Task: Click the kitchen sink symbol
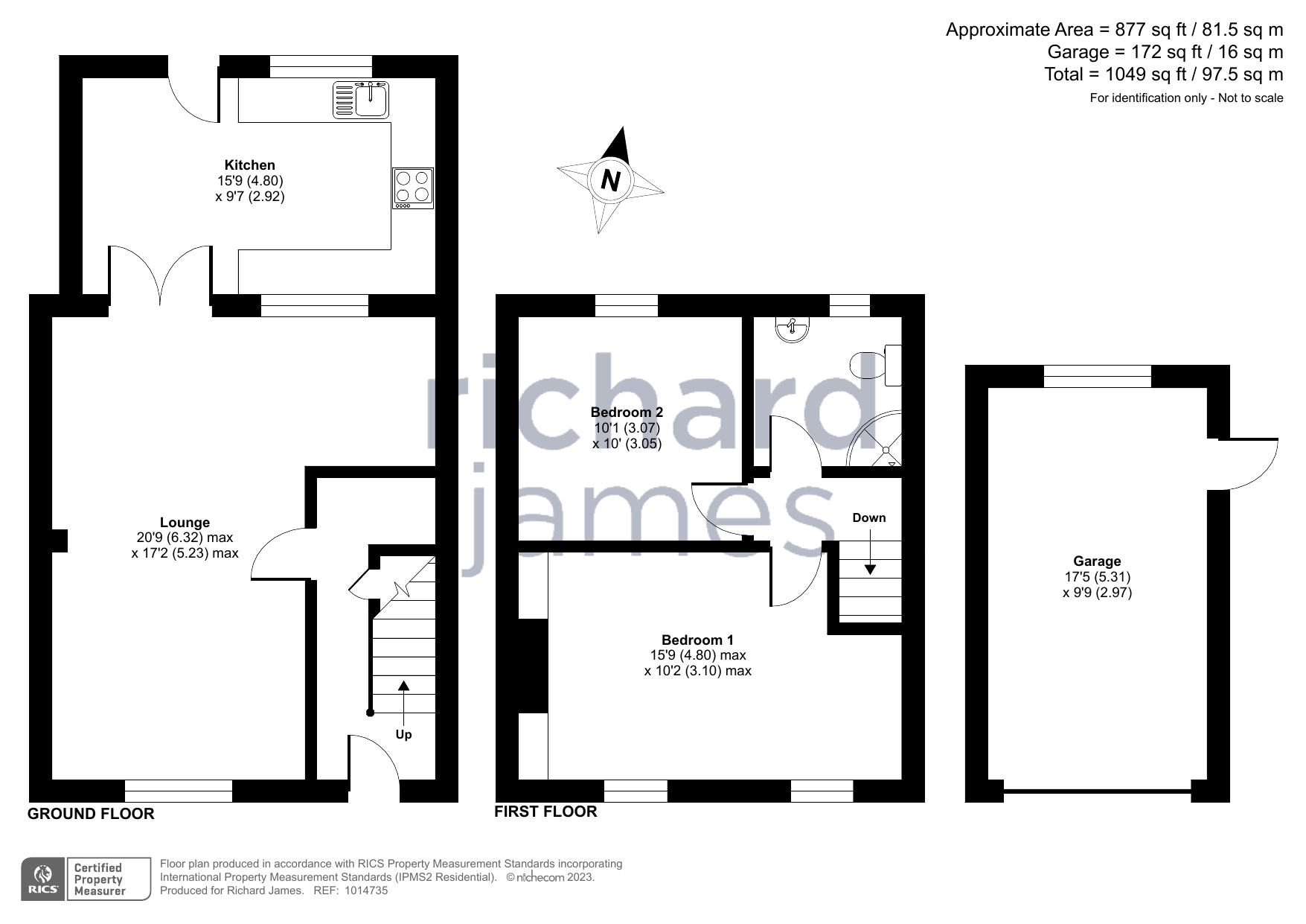coord(362,100)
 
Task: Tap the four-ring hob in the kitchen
coord(413,188)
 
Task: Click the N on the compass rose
coord(610,180)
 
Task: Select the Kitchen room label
coord(250,165)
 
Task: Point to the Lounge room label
coord(185,523)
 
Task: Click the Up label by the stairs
coord(403,735)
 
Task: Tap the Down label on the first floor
coord(869,517)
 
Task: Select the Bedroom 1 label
coord(697,640)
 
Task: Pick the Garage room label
coord(1097,561)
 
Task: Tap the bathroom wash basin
coord(793,328)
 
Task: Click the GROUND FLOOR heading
coord(91,814)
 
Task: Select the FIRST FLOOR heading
coord(545,812)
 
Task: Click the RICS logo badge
coord(42,879)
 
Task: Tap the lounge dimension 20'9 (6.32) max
coord(185,538)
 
